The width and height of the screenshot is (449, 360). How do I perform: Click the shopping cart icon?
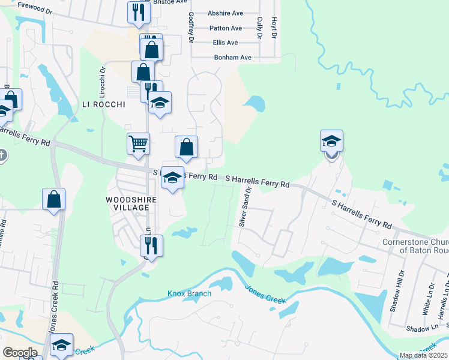point(138,144)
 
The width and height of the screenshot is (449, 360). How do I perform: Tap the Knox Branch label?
point(189,293)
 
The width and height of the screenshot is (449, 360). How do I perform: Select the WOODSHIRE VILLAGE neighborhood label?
point(127,203)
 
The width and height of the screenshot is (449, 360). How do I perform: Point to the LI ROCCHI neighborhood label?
point(103,104)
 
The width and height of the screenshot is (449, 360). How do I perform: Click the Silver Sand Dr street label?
point(245,207)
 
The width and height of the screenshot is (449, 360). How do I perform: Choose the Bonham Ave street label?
point(232,58)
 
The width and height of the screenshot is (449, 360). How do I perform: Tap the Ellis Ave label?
point(225,43)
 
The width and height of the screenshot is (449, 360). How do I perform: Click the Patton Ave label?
point(225,28)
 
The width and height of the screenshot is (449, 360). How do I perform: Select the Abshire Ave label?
point(224,13)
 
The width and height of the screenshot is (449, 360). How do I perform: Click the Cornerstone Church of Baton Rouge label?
point(415,246)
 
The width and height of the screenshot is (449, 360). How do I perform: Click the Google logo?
point(20,352)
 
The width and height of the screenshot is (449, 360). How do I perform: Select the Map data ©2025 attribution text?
point(423,355)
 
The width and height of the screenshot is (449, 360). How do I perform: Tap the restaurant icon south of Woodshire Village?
point(150,245)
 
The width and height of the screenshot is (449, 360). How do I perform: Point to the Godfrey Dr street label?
point(191,26)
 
